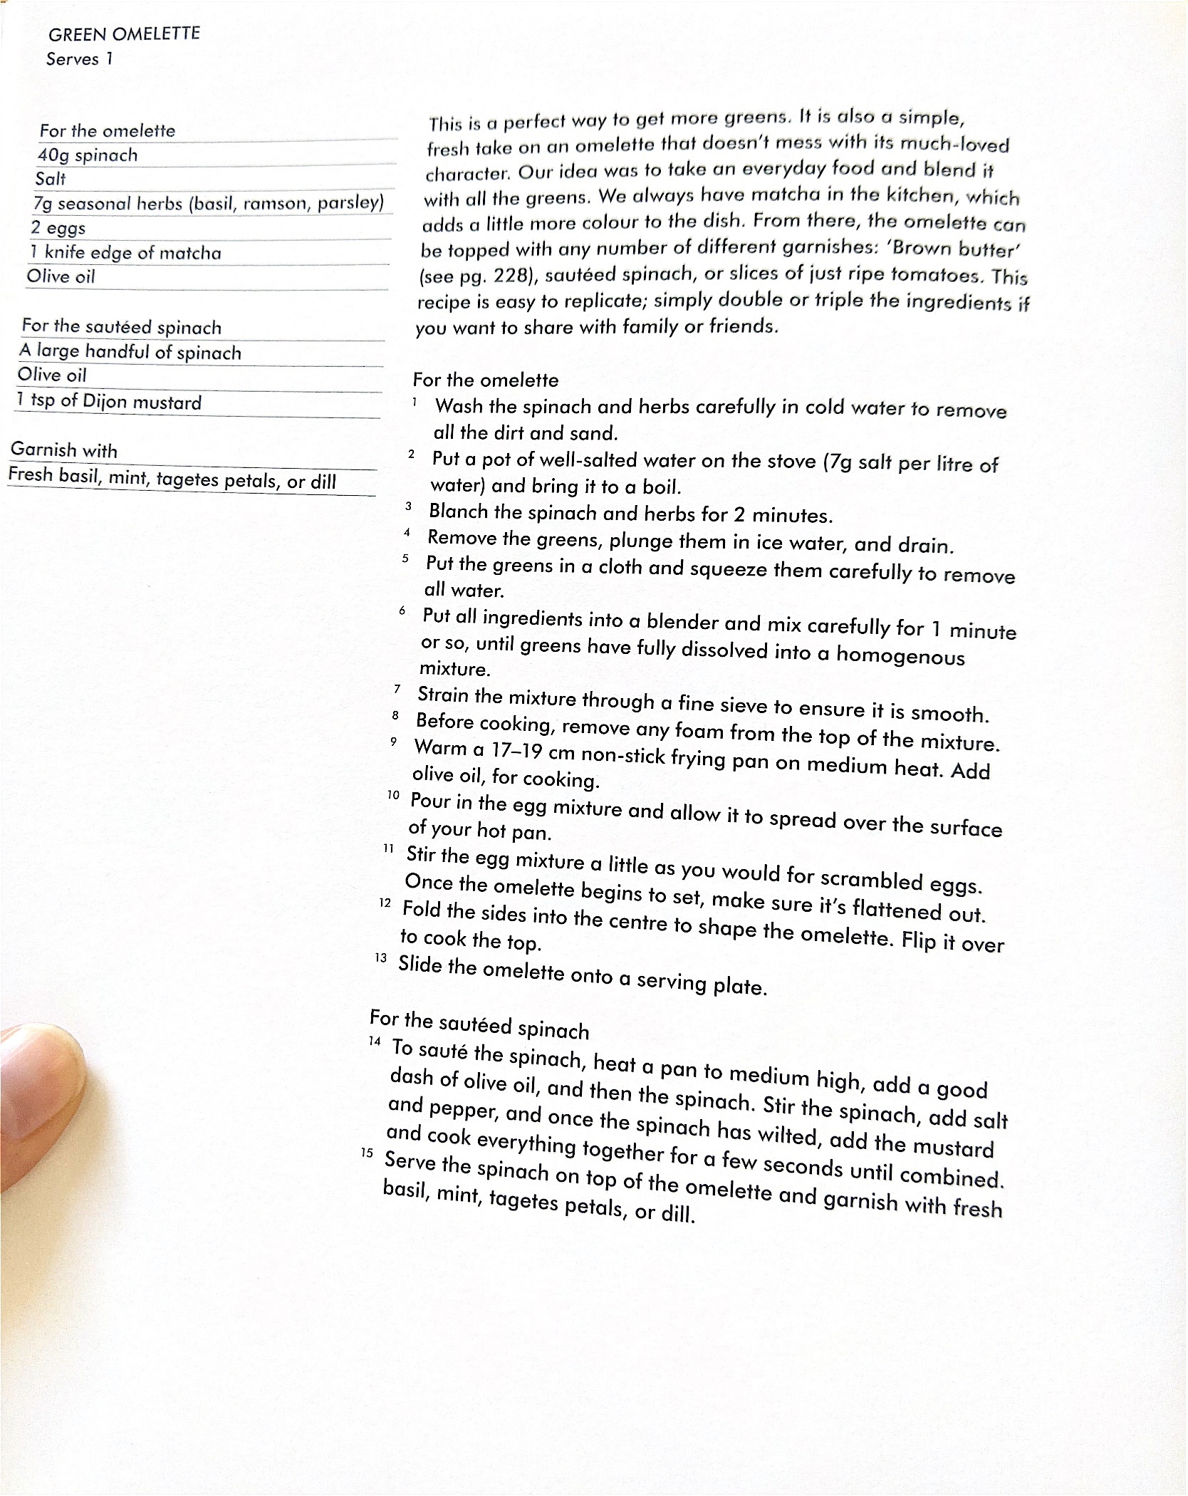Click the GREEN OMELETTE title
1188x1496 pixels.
[124, 34]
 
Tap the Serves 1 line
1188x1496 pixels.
[79, 59]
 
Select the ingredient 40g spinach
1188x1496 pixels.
[88, 155]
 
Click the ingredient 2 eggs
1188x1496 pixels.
[58, 228]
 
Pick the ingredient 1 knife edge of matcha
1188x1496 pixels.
[125, 252]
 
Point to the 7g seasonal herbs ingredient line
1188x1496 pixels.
[208, 204]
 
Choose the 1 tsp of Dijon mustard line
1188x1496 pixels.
[109, 402]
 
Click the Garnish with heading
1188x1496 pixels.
[64, 450]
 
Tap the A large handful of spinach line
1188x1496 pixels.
[130, 351]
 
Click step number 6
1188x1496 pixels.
[402, 611]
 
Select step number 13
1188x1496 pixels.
[381, 958]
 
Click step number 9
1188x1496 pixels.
[393, 742]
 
